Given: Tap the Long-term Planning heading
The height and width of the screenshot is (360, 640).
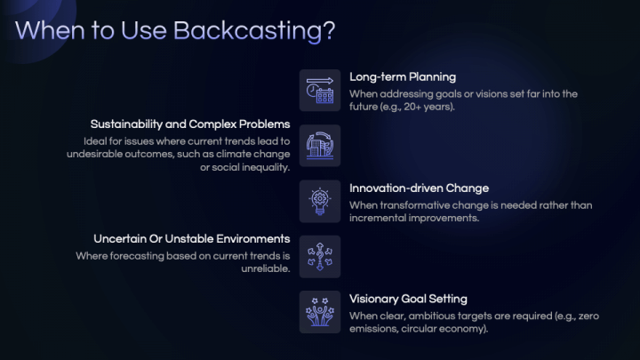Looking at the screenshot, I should click(403, 76).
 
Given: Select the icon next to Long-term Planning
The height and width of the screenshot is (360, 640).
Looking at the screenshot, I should click(319, 90).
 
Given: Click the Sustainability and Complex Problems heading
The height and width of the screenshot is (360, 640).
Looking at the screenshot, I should click(190, 124).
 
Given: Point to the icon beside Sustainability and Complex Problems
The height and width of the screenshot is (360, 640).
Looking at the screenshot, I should click(319, 146).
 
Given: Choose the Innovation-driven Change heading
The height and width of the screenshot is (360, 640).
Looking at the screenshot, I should click(419, 188).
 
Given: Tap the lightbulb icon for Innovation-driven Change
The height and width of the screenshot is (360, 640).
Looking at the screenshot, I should click(319, 201).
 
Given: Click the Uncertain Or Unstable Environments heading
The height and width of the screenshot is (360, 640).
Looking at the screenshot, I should click(192, 239).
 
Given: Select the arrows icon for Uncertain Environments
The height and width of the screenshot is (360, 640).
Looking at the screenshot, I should click(319, 257).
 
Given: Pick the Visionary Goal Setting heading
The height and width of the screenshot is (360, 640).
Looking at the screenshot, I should click(408, 299).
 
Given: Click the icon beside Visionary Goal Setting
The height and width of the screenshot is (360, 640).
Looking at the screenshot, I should click(319, 312).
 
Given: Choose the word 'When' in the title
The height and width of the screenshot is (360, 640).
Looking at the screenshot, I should click(48, 30).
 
